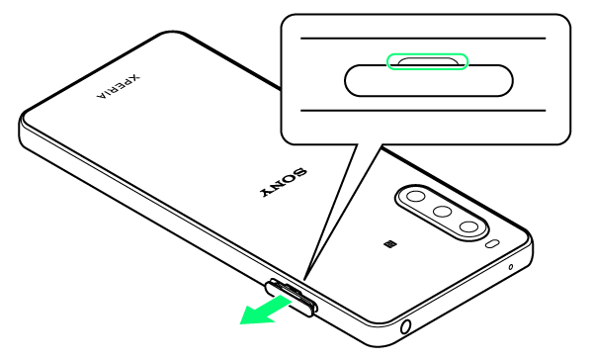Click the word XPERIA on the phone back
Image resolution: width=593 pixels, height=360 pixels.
tap(119, 86)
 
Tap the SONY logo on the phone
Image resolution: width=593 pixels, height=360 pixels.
tap(284, 182)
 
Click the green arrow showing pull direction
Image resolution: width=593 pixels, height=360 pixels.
tap(266, 311)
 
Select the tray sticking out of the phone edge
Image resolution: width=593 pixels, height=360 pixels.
tap(291, 298)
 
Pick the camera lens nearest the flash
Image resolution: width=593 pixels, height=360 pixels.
tap(469, 227)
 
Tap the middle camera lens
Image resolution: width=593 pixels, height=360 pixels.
tap(442, 211)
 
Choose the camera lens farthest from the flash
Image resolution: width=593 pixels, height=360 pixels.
tap(416, 196)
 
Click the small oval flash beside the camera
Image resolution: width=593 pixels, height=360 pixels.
tap(492, 243)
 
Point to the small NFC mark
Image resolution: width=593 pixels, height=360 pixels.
tap(388, 244)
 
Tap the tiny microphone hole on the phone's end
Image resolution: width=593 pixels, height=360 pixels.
tap(511, 267)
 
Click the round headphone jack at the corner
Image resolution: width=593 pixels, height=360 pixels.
tap(405, 326)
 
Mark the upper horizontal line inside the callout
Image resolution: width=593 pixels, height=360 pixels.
tap(423, 39)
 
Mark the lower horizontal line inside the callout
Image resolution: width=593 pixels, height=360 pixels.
tap(423, 111)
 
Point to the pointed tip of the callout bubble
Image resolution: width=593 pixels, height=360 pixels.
tap(304, 281)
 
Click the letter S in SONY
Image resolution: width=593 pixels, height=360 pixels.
tap(299, 173)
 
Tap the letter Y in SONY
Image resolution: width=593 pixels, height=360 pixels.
tap(268, 192)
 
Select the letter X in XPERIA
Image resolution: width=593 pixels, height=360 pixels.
tap(134, 77)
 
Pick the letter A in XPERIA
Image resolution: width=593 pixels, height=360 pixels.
tap(102, 96)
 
